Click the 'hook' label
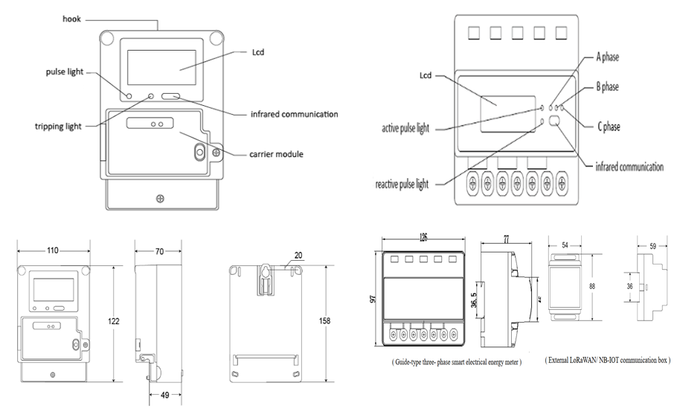click(72, 18)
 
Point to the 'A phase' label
click(606, 57)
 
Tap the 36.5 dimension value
click(473, 302)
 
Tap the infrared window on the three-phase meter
click(556, 124)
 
